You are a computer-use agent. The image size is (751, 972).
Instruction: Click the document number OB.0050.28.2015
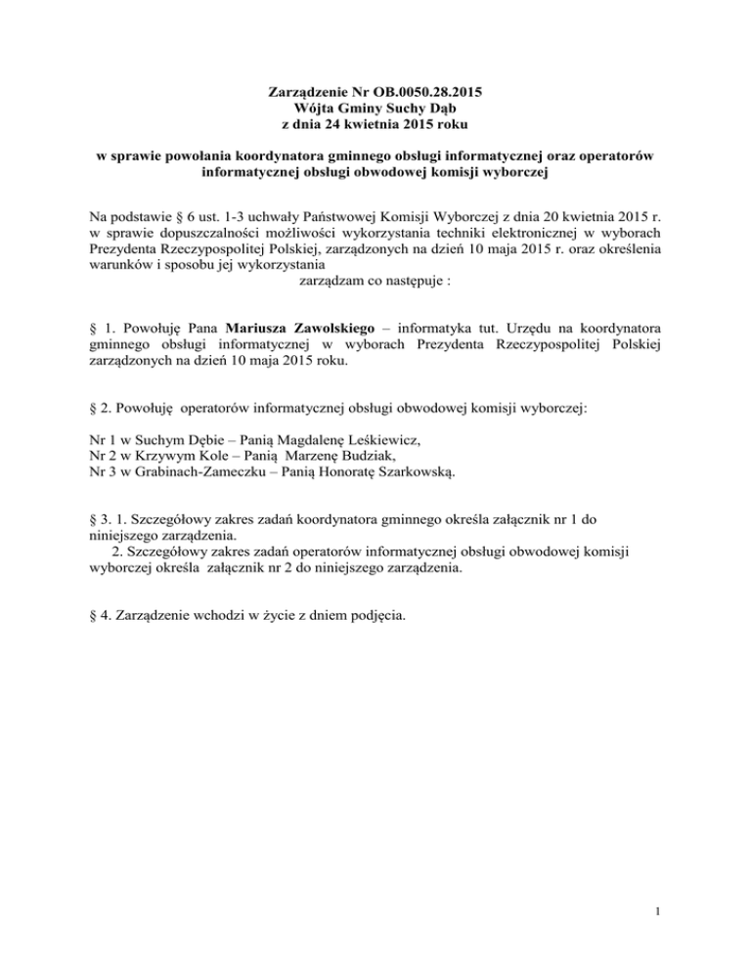click(418, 94)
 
